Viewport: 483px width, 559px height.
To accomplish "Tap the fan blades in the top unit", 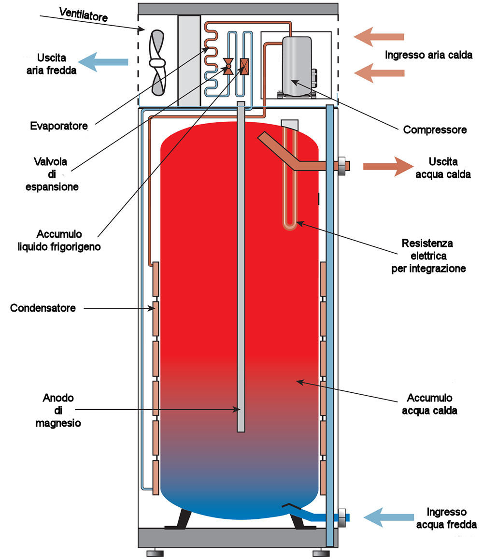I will [158, 62].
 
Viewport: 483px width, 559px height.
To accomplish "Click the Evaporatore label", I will [58, 127].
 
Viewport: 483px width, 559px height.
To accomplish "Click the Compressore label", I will [435, 130].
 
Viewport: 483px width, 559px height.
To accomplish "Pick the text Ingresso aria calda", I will [428, 55].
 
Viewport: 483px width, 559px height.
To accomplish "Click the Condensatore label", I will [43, 308].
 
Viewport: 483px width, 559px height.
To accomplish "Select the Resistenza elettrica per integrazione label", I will [428, 256].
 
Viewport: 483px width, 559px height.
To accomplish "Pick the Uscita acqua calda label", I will [443, 168].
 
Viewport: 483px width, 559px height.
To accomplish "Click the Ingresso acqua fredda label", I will [446, 518].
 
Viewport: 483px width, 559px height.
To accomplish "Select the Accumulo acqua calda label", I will [429, 404].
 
